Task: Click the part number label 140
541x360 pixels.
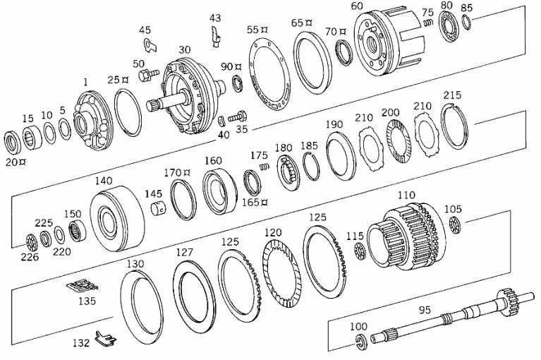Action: (104, 181)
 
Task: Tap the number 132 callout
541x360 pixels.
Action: (81, 344)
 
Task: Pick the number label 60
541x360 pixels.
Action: (357, 6)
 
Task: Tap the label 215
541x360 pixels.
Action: (452, 95)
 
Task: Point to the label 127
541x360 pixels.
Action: (184, 252)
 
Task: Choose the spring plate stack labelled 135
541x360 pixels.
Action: (81, 288)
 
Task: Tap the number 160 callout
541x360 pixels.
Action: (213, 160)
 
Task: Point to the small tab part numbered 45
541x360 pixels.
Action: (150, 47)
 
